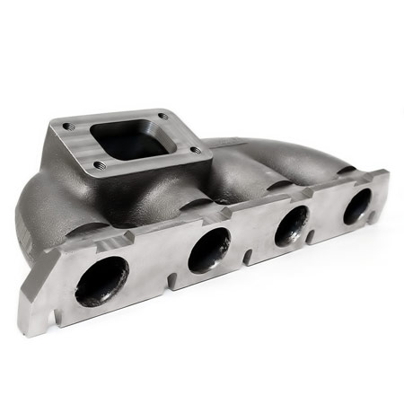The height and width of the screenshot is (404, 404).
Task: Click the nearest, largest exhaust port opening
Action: pos(101,281)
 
